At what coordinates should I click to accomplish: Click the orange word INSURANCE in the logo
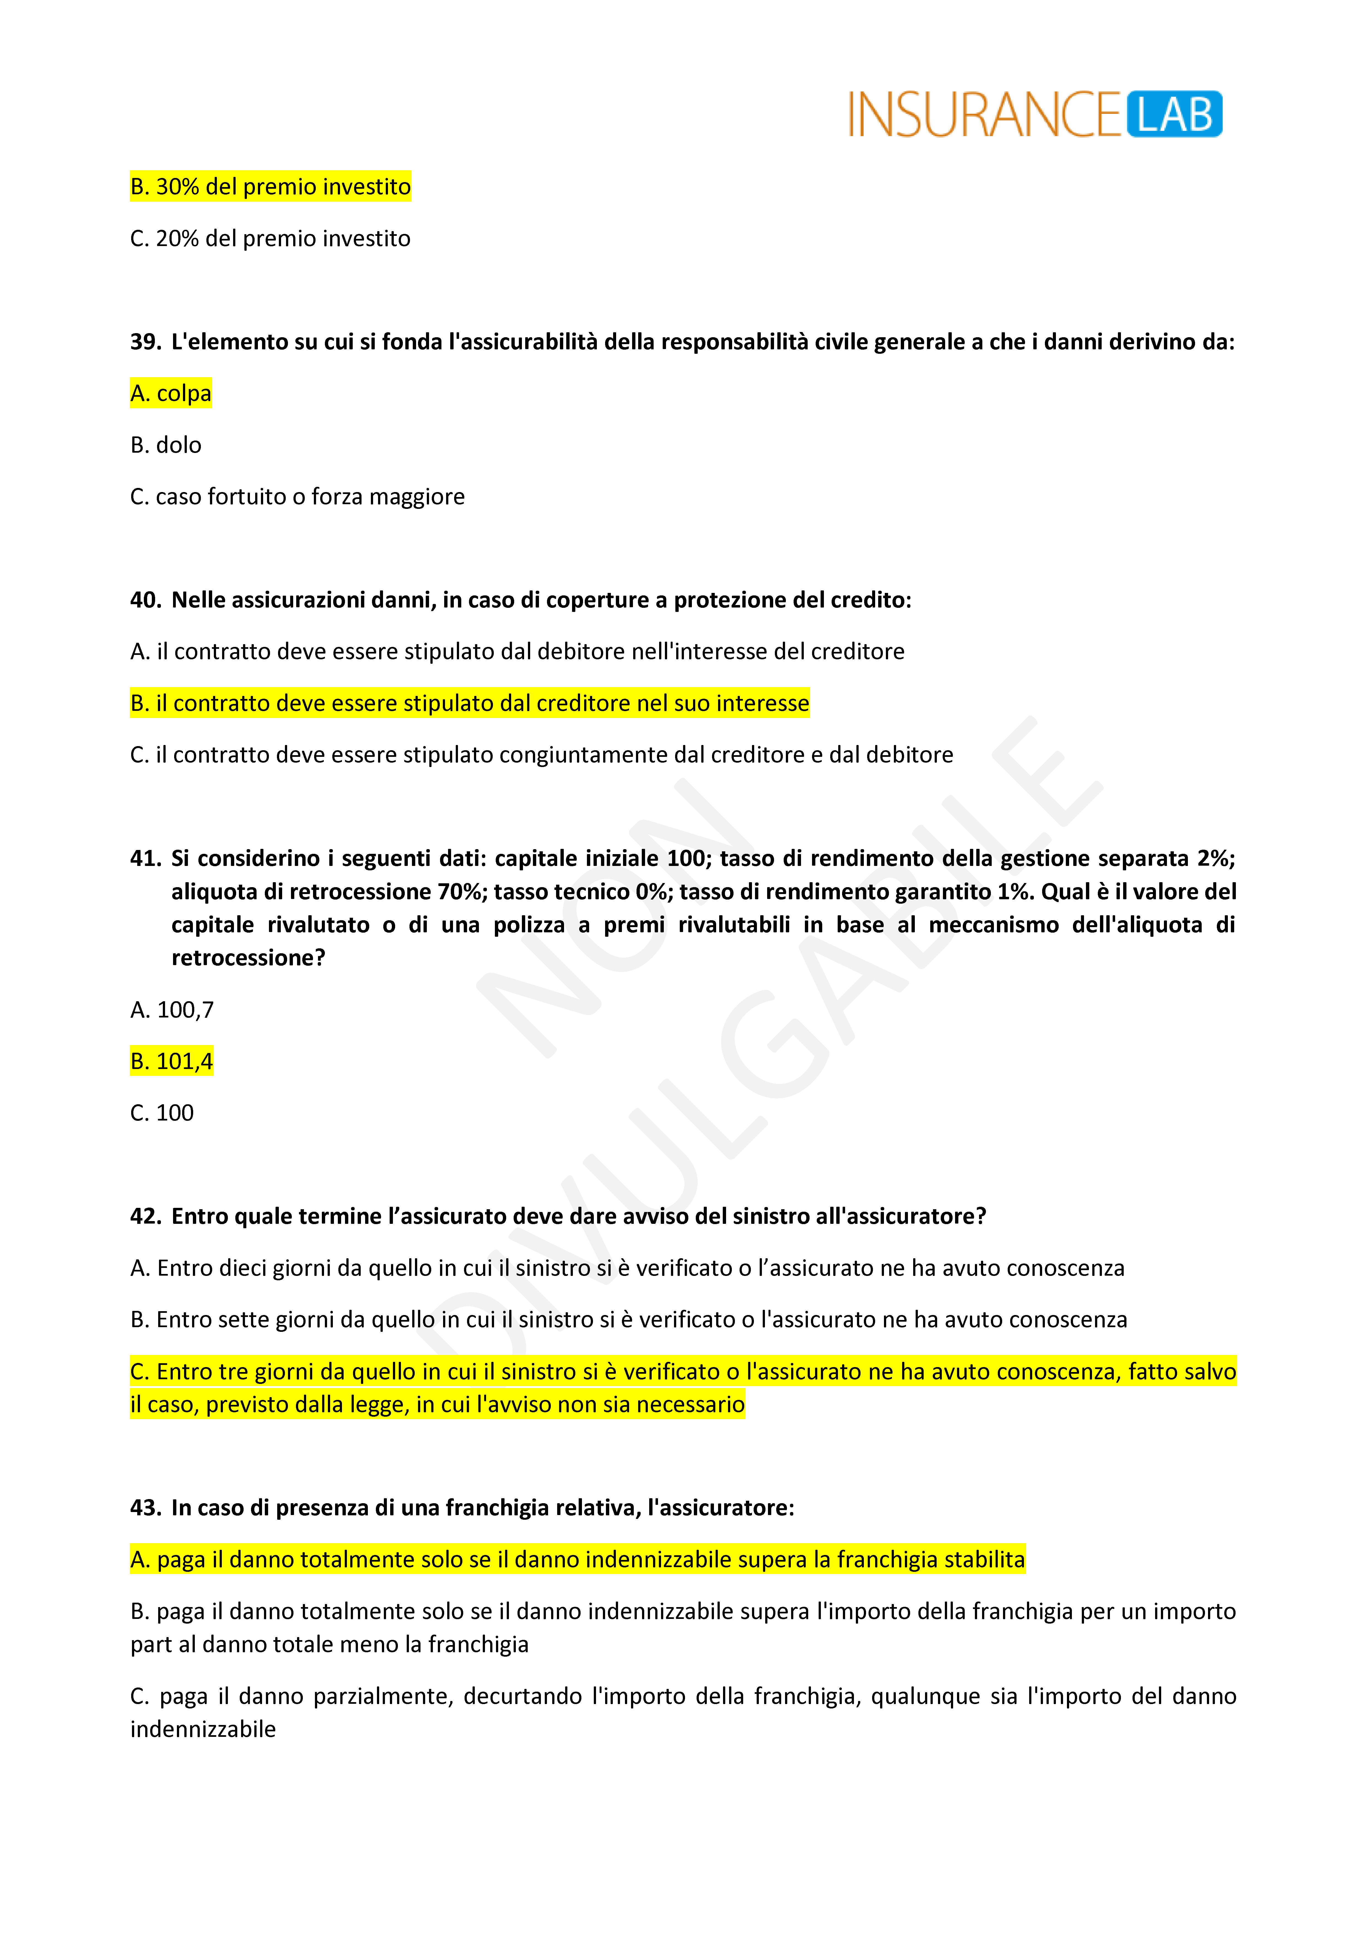tap(984, 115)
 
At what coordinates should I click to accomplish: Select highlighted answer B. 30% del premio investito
tap(270, 186)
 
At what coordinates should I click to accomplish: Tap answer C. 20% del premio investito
tap(270, 238)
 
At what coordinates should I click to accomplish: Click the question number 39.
tap(145, 342)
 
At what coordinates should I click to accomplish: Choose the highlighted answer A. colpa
tap(171, 393)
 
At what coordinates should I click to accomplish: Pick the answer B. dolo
tap(166, 444)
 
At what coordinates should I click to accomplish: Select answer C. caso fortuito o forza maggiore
tap(297, 497)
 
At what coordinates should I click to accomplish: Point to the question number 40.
tap(145, 600)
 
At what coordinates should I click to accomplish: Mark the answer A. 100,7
tap(172, 1009)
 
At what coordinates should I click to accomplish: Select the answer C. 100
tap(162, 1113)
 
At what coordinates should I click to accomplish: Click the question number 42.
tap(145, 1217)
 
